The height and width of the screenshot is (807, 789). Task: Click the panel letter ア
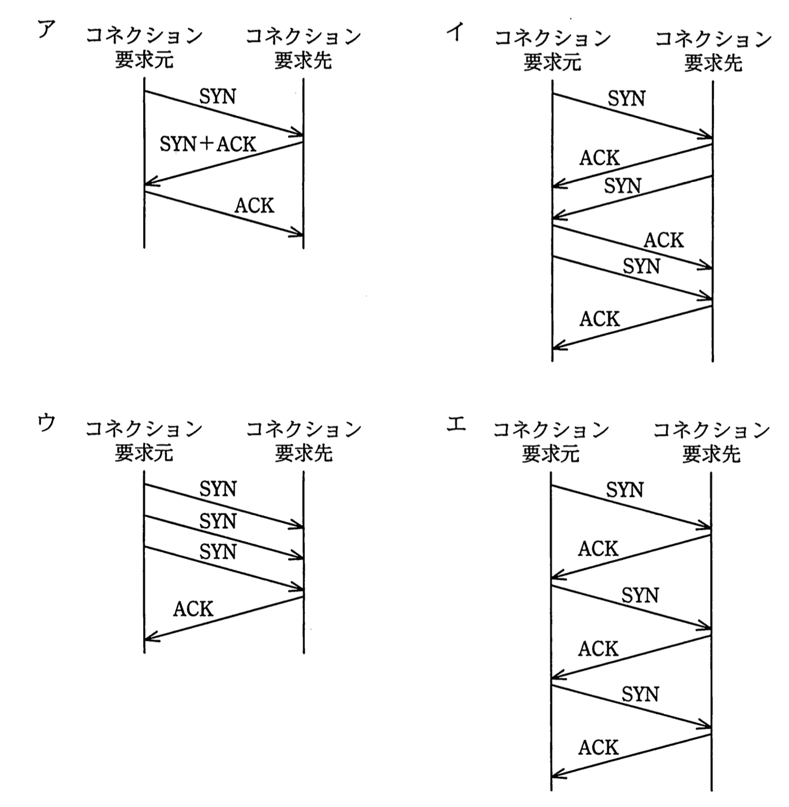[47, 30]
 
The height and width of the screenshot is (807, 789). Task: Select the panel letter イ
[455, 33]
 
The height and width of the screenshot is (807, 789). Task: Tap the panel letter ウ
[47, 423]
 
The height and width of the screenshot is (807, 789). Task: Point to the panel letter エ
[456, 424]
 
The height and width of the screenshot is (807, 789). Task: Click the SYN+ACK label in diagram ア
[208, 144]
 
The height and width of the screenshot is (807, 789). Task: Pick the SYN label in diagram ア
[218, 97]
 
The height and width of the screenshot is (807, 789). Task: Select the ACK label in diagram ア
[254, 205]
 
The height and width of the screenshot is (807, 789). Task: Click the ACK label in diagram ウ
[193, 609]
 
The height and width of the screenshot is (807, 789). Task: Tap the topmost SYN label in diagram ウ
[218, 489]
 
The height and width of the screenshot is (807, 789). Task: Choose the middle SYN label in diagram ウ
[218, 521]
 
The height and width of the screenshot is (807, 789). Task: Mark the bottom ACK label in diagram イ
[600, 319]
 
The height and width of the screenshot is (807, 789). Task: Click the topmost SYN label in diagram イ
[626, 99]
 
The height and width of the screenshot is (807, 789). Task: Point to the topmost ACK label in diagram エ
[599, 549]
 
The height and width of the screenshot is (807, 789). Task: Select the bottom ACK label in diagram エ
[599, 747]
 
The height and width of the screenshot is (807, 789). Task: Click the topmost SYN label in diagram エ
[625, 490]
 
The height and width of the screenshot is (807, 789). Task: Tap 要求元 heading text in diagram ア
[144, 60]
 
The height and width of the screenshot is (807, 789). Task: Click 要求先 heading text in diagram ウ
[304, 453]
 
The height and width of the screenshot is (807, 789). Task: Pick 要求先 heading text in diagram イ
[713, 63]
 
